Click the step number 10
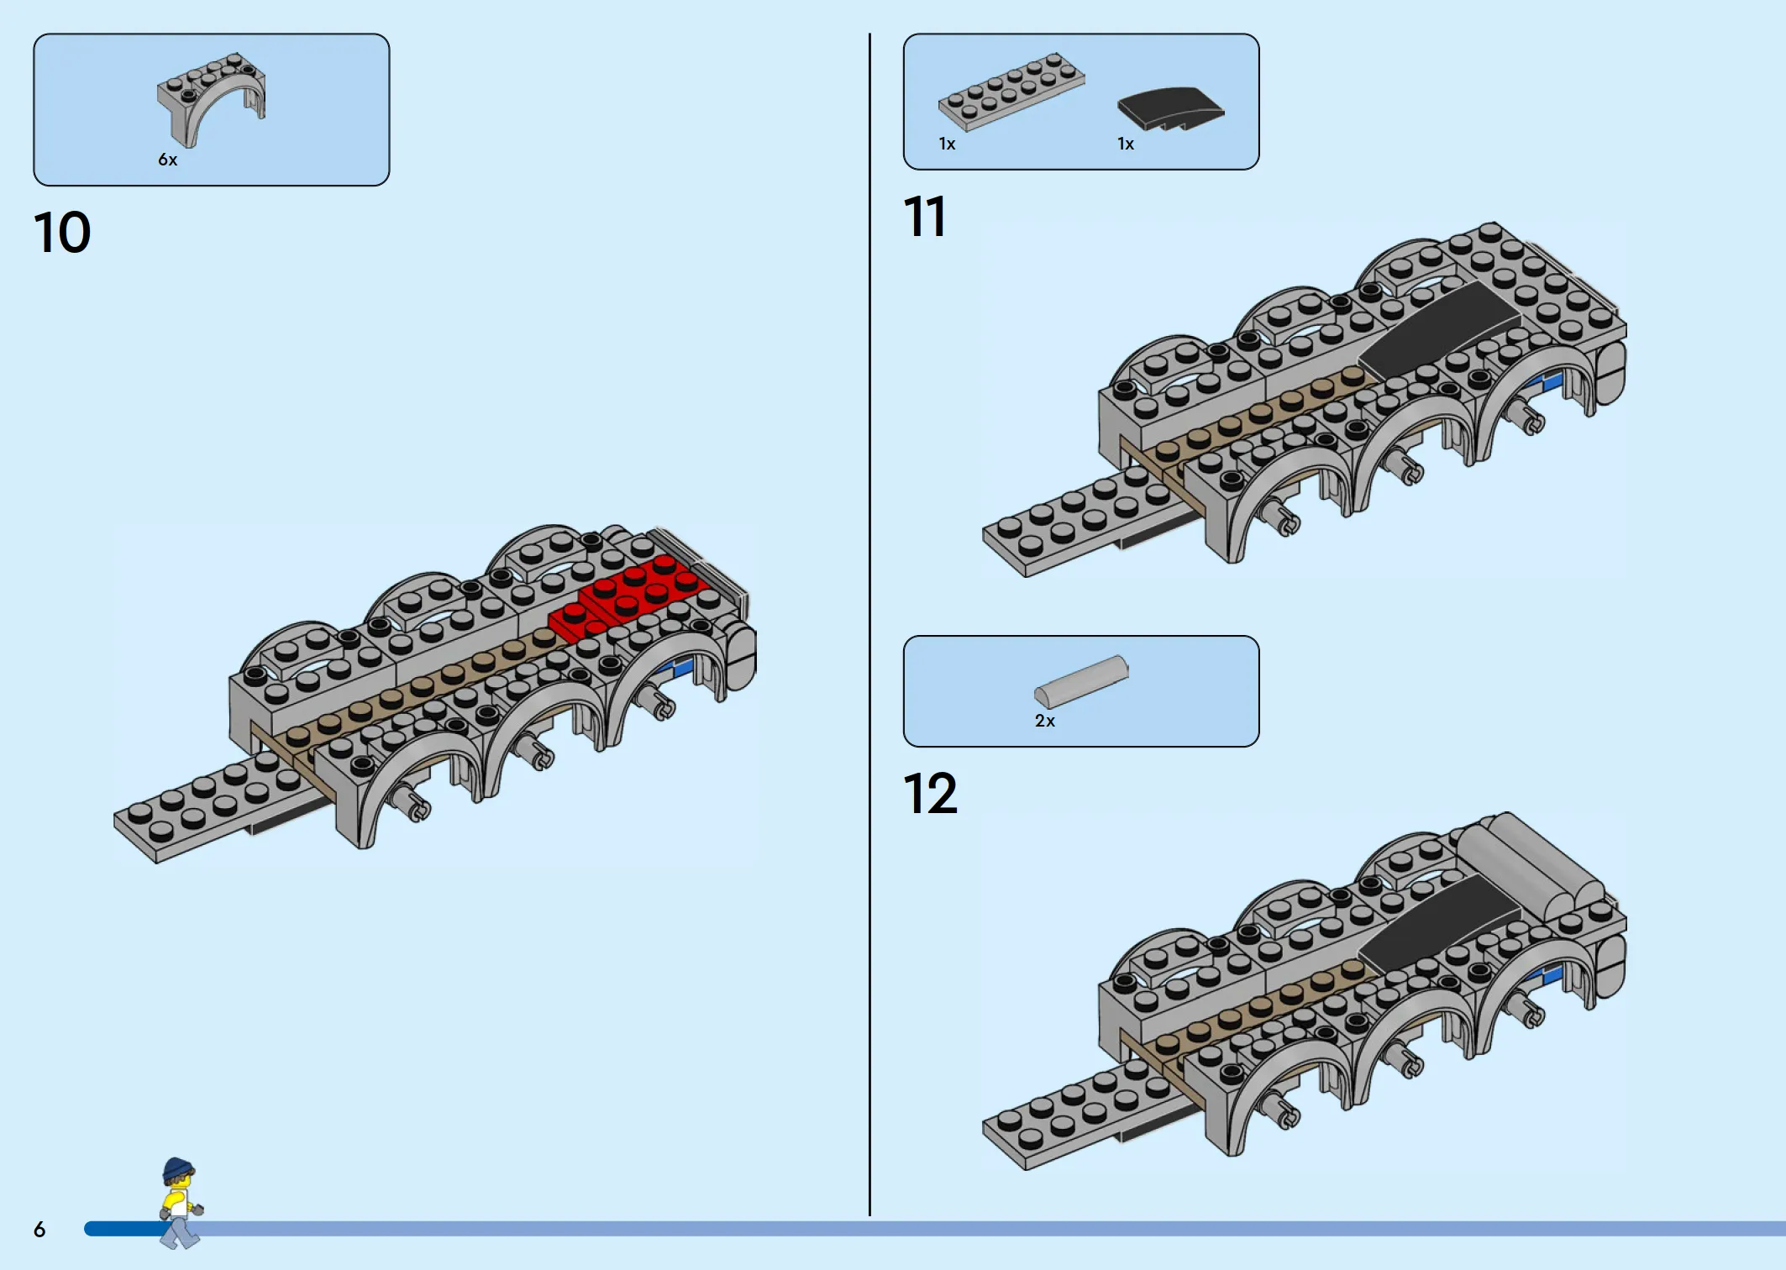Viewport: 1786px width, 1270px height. [x=62, y=232]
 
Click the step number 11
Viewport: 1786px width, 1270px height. [x=924, y=217]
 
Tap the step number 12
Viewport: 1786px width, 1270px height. [x=930, y=794]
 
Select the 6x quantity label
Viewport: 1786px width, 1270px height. [x=168, y=160]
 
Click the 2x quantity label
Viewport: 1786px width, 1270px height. [x=1045, y=721]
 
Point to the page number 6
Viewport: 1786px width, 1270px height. [x=39, y=1230]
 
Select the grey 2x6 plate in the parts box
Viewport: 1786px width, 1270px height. [x=1011, y=92]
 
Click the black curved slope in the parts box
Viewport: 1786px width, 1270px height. [x=1170, y=108]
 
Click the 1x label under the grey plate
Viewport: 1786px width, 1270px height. [x=948, y=144]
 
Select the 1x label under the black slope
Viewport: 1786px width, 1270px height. [x=1126, y=144]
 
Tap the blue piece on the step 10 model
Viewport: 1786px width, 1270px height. [x=680, y=668]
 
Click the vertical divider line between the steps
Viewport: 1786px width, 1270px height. [x=869, y=624]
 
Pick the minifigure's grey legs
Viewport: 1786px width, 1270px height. [x=181, y=1231]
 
